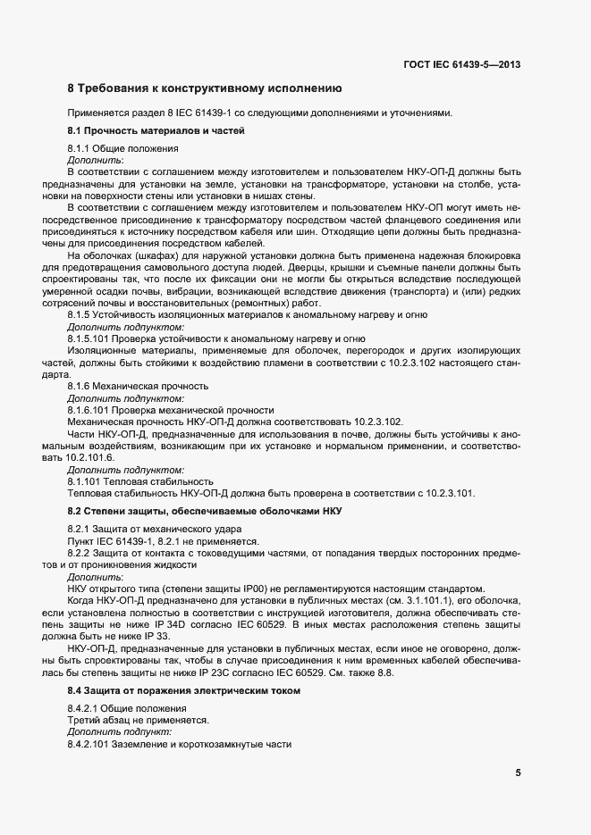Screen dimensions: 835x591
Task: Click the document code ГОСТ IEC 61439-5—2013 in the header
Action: [463, 64]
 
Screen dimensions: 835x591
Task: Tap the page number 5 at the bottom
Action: [519, 773]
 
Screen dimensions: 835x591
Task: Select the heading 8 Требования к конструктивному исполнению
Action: [205, 89]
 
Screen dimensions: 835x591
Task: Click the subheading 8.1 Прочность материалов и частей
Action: [156, 131]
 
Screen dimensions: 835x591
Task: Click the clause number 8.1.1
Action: [79, 148]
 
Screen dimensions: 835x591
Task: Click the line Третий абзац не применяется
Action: [138, 720]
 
